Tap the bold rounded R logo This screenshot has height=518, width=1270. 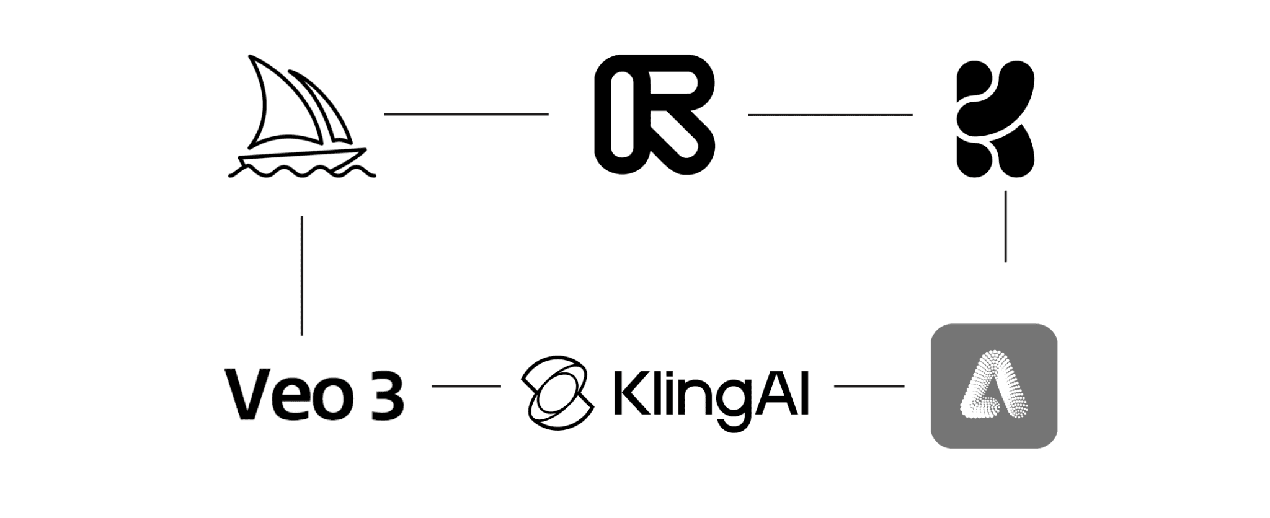[x=654, y=113]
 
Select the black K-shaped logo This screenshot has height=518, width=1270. [x=994, y=118]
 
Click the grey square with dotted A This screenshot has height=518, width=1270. [x=993, y=385]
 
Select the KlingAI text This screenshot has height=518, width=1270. [x=710, y=394]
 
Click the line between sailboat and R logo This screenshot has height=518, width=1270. [x=466, y=114]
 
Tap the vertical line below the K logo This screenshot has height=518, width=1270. [x=1005, y=226]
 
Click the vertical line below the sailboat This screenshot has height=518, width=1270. [x=302, y=276]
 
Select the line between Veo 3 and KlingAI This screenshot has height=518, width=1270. [x=466, y=386]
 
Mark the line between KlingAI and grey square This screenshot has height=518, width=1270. [x=869, y=386]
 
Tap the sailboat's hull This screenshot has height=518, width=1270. [x=301, y=157]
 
